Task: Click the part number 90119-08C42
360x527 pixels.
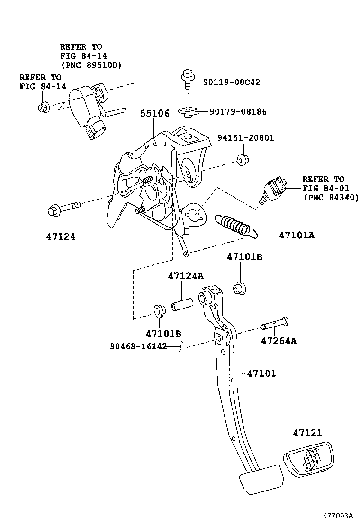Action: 232,82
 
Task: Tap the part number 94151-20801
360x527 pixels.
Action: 246,138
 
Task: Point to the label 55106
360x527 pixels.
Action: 154,114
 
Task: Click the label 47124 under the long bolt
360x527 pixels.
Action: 61,236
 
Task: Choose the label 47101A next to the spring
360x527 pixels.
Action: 297,235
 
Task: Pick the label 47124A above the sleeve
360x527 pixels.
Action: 186,276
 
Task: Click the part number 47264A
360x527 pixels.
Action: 279,341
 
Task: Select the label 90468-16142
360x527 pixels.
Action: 138,346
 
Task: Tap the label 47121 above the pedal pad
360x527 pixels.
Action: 307,432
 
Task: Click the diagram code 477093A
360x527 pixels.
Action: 339,515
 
